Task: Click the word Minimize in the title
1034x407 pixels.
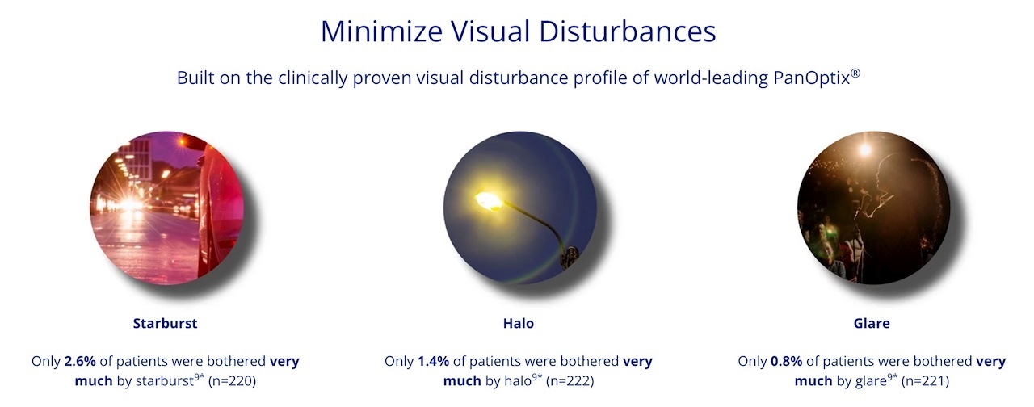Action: [x=382, y=31]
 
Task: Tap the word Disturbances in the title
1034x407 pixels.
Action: [x=628, y=31]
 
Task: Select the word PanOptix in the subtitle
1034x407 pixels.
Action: [x=811, y=78]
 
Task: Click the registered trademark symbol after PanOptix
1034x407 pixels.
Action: [x=855, y=73]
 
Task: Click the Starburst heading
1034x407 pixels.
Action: [x=166, y=323]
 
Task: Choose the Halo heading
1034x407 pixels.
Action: [x=519, y=323]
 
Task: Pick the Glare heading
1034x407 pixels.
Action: [x=872, y=323]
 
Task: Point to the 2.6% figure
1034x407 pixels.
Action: [x=80, y=361]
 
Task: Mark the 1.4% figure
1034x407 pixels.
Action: [x=433, y=361]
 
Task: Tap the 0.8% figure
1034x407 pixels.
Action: [x=786, y=361]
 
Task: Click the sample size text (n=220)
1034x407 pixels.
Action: [x=232, y=381]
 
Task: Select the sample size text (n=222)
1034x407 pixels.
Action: [x=570, y=381]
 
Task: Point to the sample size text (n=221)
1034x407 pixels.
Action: [x=925, y=381]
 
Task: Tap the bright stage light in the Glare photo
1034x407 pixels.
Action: [x=864, y=150]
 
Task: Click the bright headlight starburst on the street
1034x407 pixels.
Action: [x=129, y=204]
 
